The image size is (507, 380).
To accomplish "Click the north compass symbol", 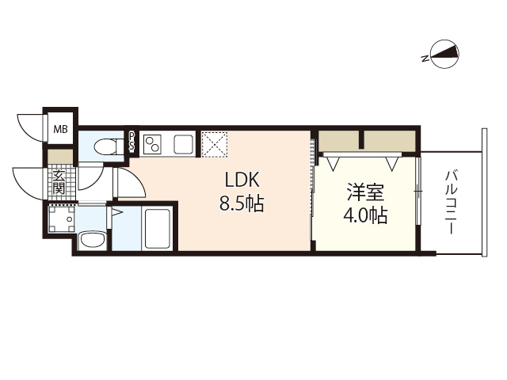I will tap(441, 55).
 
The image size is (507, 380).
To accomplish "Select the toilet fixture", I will tap(103, 146).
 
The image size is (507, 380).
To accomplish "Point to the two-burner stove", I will tap(154, 144).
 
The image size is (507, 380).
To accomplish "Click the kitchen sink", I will tap(183, 144).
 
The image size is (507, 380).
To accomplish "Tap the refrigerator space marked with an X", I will tap(215, 143).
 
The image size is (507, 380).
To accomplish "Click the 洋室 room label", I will tap(366, 192).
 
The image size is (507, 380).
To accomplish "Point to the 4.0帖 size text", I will tap(366, 215).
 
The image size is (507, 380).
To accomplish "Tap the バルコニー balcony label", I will tap(451, 202).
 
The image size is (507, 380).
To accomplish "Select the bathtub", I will tap(158, 229).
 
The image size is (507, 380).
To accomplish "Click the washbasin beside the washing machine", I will tap(93, 240).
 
